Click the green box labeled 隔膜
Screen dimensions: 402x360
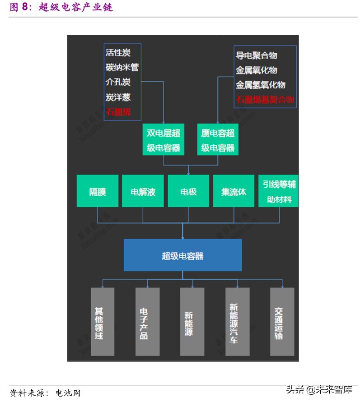[98, 191]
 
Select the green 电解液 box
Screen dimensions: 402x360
[143, 191]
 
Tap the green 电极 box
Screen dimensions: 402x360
[188, 191]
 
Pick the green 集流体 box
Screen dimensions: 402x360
[234, 191]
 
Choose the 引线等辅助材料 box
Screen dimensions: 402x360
[279, 191]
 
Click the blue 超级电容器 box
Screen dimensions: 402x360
[182, 255]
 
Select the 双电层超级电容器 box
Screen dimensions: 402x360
[164, 140]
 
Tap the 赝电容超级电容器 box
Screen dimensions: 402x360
[218, 140]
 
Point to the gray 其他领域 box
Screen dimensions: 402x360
[103, 321]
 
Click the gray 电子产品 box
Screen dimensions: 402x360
[148, 321]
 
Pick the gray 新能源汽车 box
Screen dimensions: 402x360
[238, 321]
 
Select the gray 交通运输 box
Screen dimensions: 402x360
[282, 321]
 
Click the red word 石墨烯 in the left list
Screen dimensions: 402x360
[118, 112]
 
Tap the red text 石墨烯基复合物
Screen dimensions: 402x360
[265, 100]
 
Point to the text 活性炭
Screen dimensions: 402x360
[118, 52]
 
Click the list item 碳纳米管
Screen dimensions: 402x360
[122, 67]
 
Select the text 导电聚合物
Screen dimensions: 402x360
[256, 55]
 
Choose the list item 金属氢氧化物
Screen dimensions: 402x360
[260, 85]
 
